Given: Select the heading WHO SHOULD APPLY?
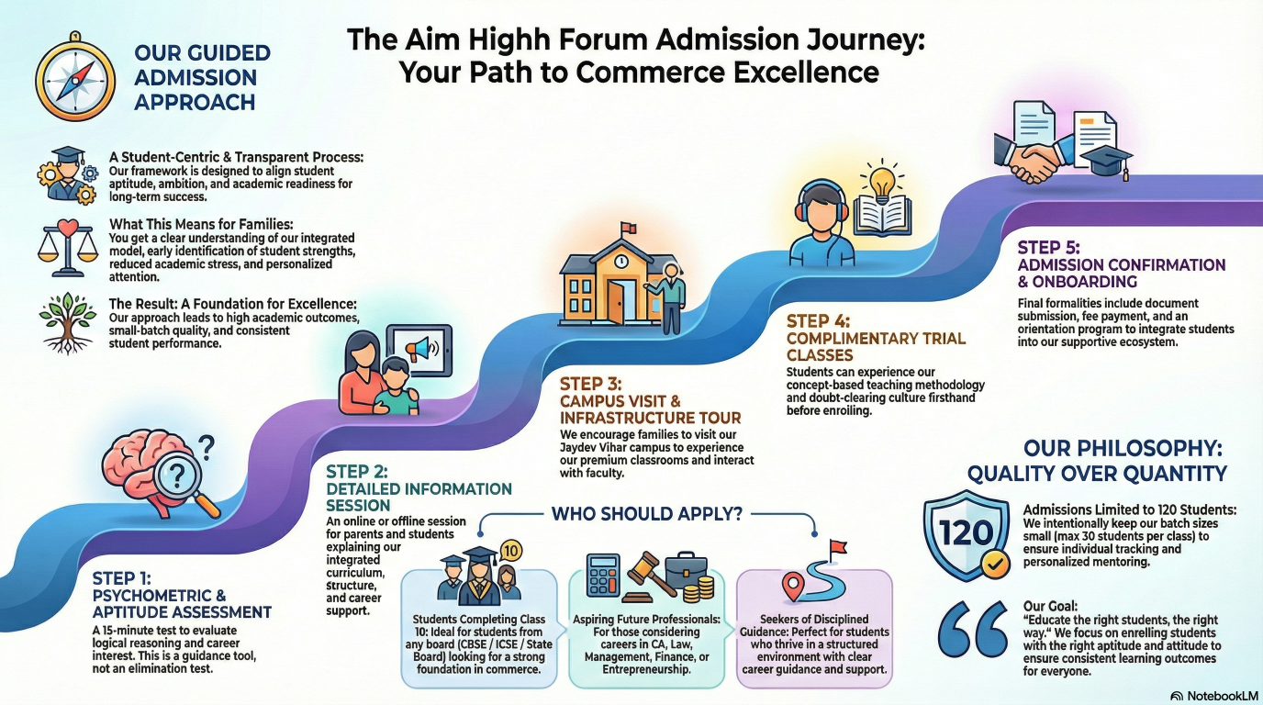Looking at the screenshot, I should pyautogui.click(x=646, y=514).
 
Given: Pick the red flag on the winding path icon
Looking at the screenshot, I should pyautogui.click(x=837, y=548).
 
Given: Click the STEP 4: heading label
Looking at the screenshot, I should pyautogui.click(x=818, y=320).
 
